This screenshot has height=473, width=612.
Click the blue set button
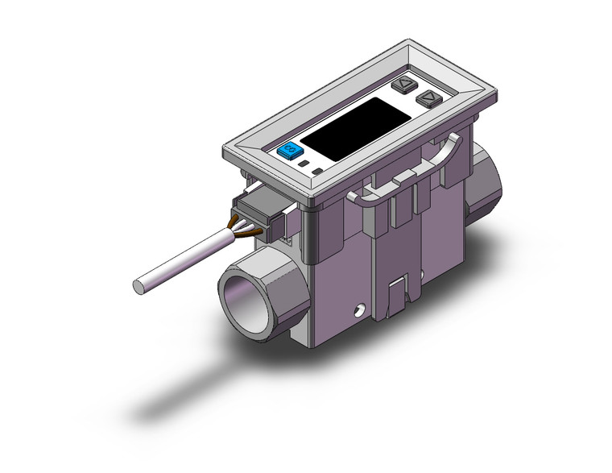point(287,151)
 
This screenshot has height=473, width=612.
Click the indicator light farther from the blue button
point(318,172)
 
